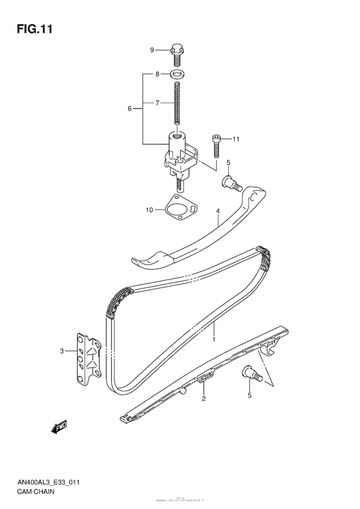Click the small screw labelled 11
[x=217, y=145]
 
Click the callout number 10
[x=149, y=209]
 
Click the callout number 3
[x=62, y=351]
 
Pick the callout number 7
[x=156, y=103]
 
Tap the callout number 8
[x=156, y=75]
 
